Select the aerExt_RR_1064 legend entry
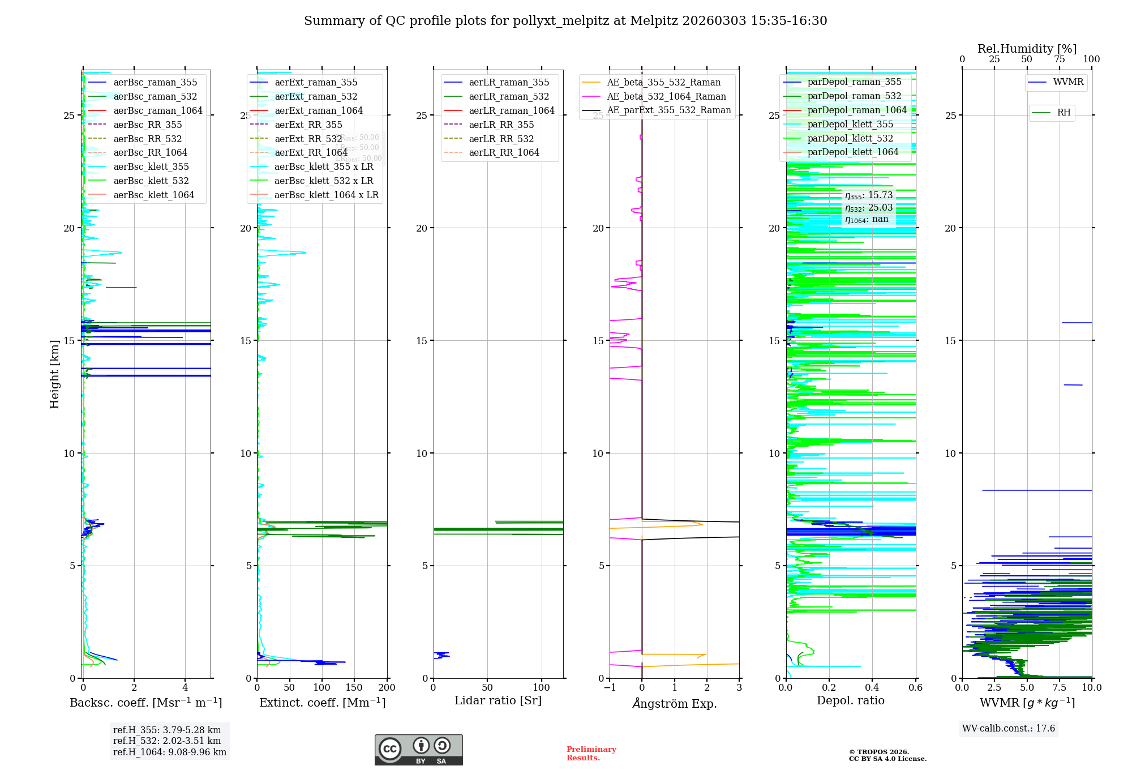click(311, 153)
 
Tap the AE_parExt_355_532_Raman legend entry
click(668, 110)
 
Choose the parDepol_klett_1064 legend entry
click(852, 152)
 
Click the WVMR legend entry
click(1067, 82)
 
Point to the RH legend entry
click(1064, 113)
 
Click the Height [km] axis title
click(54, 374)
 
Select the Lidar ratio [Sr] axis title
click(498, 701)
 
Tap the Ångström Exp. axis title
click(674, 704)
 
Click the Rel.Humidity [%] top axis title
click(1027, 49)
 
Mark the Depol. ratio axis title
click(850, 701)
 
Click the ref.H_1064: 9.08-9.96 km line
click(169, 752)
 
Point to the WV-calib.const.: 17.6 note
click(1009, 729)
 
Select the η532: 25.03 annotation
click(868, 208)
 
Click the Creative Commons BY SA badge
click(418, 750)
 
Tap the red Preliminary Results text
click(591, 754)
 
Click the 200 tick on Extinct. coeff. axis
click(387, 688)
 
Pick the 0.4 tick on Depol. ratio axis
click(872, 688)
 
